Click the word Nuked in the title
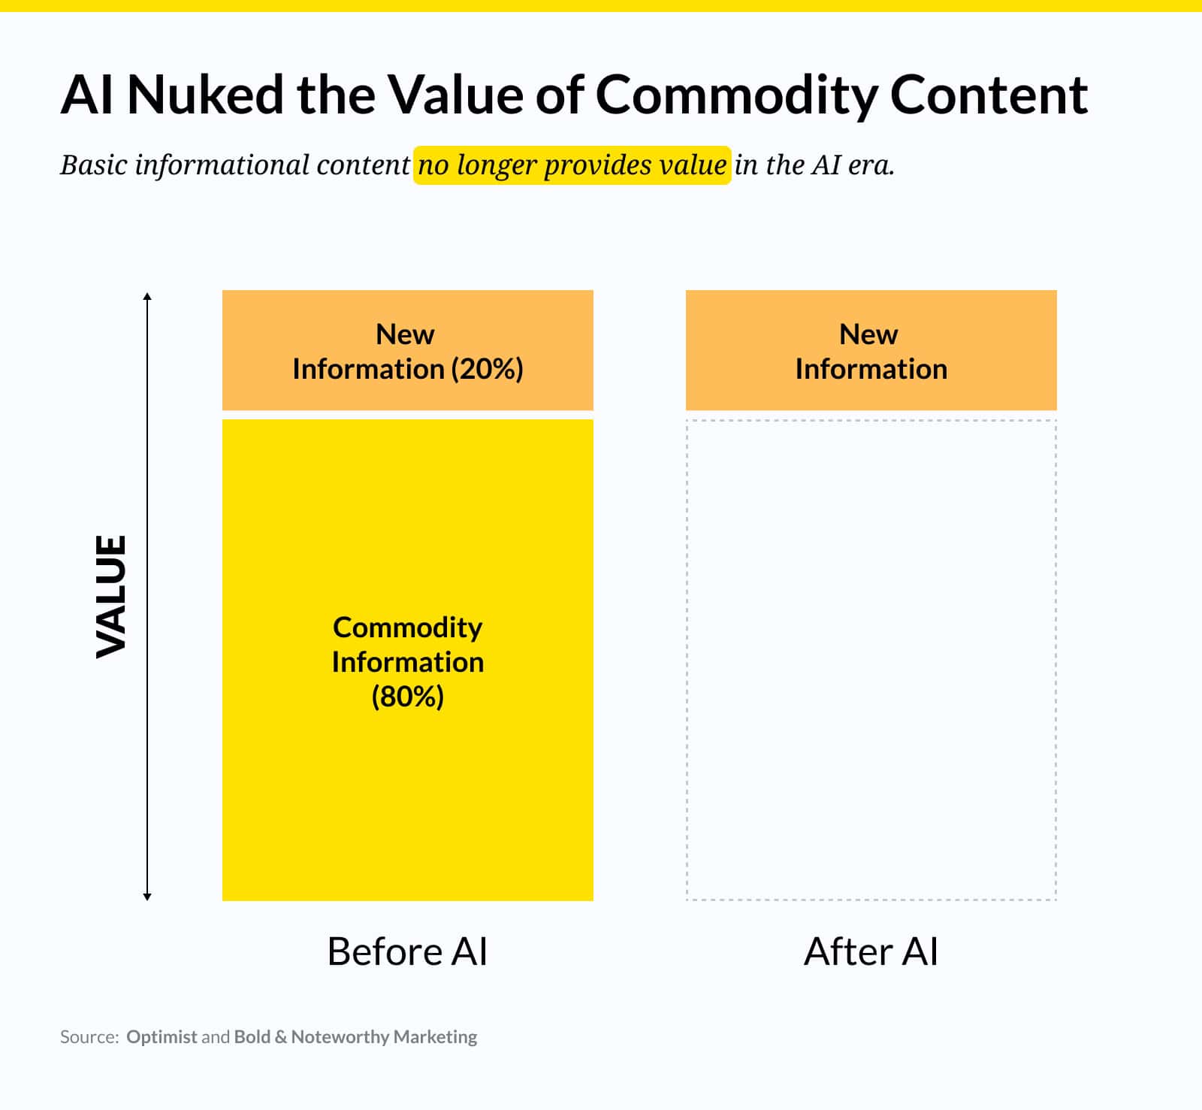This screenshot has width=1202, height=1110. (x=204, y=95)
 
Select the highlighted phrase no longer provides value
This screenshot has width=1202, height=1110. (x=572, y=165)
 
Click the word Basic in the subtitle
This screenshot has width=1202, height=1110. (x=93, y=165)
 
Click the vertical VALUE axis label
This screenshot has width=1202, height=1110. (x=111, y=596)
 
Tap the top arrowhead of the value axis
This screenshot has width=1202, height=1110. (x=147, y=296)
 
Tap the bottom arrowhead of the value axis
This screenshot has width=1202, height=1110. (x=147, y=896)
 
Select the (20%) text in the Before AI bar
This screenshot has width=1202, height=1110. (x=487, y=369)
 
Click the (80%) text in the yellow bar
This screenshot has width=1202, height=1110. (x=408, y=697)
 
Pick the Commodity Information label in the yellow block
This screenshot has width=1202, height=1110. (x=408, y=645)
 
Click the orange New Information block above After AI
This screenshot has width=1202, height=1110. (x=871, y=350)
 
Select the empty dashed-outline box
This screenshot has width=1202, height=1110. (x=871, y=659)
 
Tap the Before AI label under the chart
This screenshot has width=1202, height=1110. (x=407, y=951)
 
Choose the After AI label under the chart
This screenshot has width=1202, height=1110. (x=871, y=951)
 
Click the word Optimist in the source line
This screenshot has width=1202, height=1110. (x=162, y=1037)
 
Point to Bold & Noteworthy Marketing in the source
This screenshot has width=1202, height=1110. (x=355, y=1037)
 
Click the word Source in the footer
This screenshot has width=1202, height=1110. (x=88, y=1037)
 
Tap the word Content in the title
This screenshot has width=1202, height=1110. (x=989, y=95)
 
